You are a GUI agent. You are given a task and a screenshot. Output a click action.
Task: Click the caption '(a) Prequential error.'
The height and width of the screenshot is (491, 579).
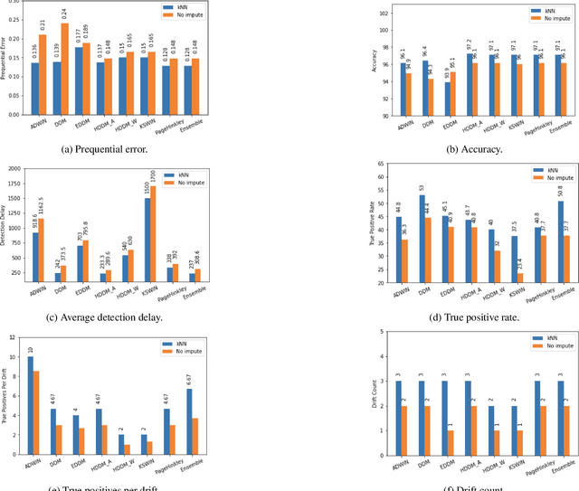[146, 149]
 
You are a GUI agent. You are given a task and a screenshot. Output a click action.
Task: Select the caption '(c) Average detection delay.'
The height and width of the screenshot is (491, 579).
[146, 316]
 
